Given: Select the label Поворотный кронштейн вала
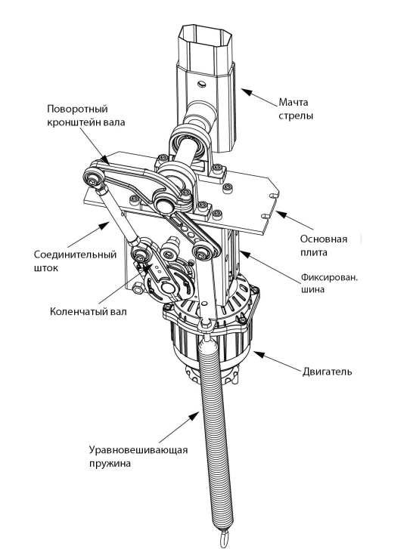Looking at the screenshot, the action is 86,116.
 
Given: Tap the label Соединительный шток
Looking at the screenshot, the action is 75,261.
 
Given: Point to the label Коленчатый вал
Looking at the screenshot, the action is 88,311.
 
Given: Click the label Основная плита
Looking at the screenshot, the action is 324,245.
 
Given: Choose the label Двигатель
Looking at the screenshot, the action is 327,371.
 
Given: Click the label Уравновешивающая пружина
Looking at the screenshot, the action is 138,456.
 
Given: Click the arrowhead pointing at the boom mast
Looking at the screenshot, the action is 247,92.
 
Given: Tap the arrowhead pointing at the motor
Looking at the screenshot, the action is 258,354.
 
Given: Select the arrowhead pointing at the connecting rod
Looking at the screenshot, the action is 106,224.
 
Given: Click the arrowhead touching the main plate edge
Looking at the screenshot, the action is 280,213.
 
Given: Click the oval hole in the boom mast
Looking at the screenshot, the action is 202,84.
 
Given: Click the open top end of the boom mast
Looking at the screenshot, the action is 205,34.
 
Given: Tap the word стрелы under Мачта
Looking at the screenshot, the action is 296,116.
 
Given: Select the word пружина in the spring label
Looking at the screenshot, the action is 110,463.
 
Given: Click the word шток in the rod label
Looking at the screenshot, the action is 46,268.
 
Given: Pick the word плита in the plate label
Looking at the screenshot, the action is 313,252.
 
